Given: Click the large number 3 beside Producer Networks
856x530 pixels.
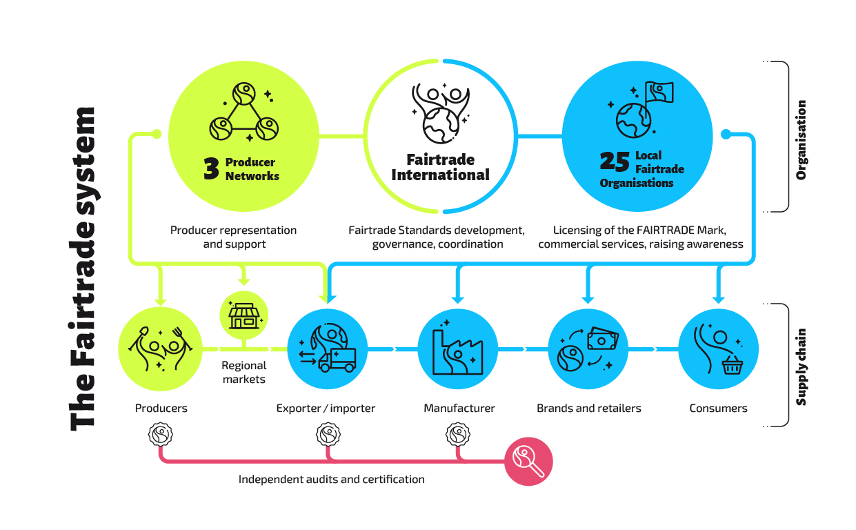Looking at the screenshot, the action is click(x=211, y=168).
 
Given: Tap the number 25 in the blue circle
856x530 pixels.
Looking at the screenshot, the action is click(x=614, y=161).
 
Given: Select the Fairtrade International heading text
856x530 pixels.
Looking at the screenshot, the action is click(x=440, y=167).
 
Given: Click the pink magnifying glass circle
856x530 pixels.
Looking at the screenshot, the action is click(x=528, y=461).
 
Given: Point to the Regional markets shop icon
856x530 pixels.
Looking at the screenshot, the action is click(x=243, y=316).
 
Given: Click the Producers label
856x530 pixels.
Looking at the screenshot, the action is click(x=161, y=409).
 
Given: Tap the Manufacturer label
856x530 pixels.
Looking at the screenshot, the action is click(x=459, y=409).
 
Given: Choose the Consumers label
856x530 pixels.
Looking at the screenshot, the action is click(x=719, y=409).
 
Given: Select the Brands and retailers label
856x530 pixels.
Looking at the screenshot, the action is click(x=589, y=409).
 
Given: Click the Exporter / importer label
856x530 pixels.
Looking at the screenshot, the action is click(x=326, y=409).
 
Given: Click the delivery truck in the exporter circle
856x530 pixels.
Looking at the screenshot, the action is click(x=337, y=360).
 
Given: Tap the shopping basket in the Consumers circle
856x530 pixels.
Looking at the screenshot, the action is click(x=733, y=365).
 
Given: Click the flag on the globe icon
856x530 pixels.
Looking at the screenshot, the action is click(x=659, y=92).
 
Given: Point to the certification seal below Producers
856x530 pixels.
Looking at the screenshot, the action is click(x=161, y=434).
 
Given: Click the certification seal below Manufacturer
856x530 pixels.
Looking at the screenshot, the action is click(x=458, y=434).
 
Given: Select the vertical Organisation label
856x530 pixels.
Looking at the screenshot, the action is click(x=801, y=140).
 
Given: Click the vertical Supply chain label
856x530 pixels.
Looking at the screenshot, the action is click(x=801, y=367).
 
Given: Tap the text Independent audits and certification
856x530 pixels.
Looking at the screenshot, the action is click(x=331, y=480).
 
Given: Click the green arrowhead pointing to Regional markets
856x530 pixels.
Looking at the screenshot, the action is click(x=243, y=282).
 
